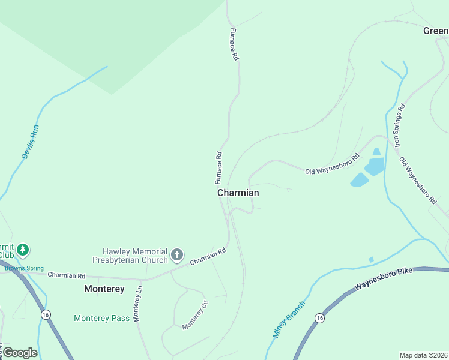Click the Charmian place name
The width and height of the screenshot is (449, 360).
click(x=238, y=193)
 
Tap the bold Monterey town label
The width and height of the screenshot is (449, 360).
click(x=104, y=289)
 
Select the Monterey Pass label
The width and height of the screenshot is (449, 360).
click(x=101, y=318)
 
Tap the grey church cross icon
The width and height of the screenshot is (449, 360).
click(x=177, y=255)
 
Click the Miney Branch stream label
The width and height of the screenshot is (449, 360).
click(x=289, y=319)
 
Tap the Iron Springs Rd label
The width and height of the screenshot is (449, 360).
click(x=399, y=125)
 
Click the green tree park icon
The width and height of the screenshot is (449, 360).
click(x=23, y=249)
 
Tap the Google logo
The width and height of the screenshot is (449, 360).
click(x=20, y=353)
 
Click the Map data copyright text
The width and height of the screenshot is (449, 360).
click(x=423, y=355)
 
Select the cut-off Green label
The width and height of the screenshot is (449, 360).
click(x=435, y=31)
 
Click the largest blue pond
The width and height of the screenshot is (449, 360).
click(x=374, y=166)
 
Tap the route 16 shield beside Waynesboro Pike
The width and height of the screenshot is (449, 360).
click(x=319, y=318)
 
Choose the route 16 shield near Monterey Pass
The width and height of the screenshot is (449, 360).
click(x=45, y=314)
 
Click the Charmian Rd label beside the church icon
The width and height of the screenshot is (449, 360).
click(x=208, y=257)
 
